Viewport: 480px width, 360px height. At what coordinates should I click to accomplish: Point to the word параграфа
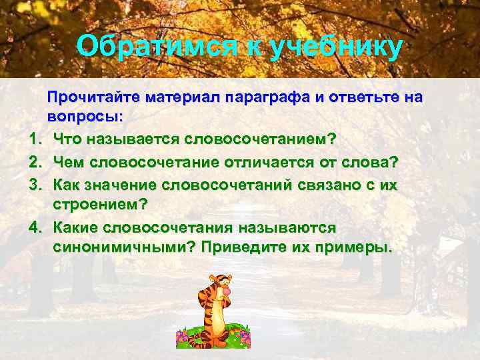point(268,98)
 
